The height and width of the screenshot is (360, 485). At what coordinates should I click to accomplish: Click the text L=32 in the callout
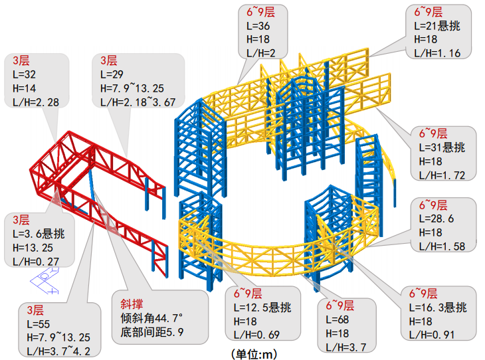point(25,74)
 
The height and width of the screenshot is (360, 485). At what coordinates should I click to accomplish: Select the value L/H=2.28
point(35,102)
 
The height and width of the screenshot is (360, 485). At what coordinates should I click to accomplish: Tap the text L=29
point(113,74)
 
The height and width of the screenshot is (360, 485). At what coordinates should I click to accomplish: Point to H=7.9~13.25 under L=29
point(132,88)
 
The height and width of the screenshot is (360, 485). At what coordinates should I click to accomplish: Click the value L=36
point(257,27)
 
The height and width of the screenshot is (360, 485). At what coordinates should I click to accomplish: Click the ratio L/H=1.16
point(437,54)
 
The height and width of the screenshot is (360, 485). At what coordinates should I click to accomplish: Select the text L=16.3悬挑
point(437,308)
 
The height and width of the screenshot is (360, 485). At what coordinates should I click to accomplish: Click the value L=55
point(39,323)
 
